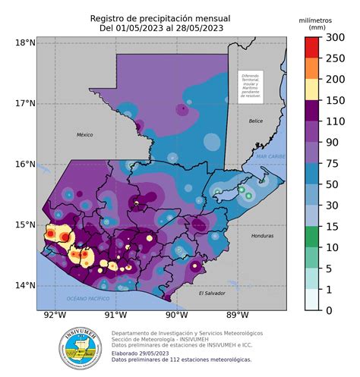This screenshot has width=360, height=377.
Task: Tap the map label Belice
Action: [x=255, y=121]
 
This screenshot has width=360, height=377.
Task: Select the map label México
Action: [x=84, y=134]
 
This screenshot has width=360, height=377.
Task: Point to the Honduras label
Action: [x=262, y=236]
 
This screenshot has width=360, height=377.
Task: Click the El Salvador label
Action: [x=212, y=293]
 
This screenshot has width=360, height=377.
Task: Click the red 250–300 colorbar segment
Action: [x=311, y=48]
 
